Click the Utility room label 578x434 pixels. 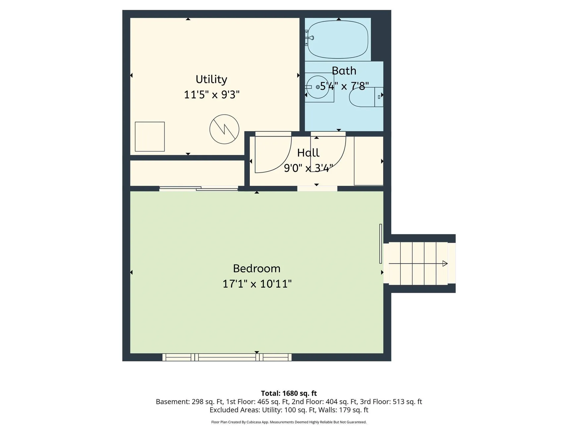pyautogui.click(x=211, y=79)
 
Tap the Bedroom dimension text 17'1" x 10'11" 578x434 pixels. pyautogui.click(x=257, y=284)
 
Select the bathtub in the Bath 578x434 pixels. pyautogui.click(x=338, y=39)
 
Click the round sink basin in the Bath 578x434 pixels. pyautogui.click(x=318, y=87)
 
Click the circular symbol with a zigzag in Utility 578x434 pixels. pyautogui.click(x=224, y=129)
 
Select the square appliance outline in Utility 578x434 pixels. pyautogui.click(x=150, y=137)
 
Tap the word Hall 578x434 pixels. pyautogui.click(x=308, y=153)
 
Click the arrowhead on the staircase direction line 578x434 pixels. pyautogui.click(x=445, y=263)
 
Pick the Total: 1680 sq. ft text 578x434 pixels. pyautogui.click(x=289, y=393)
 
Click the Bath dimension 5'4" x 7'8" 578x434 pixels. pyautogui.click(x=344, y=86)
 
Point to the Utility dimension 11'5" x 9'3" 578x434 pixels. pyautogui.click(x=212, y=95)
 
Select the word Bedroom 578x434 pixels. pyautogui.click(x=257, y=268)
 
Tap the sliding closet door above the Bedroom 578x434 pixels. pyautogui.click(x=199, y=189)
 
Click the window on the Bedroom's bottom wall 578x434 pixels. pyautogui.click(x=227, y=357)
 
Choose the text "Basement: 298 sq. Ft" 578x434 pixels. pyautogui.click(x=190, y=402)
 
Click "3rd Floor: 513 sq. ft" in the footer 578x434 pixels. pyautogui.click(x=391, y=402)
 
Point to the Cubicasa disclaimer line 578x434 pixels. pyautogui.click(x=289, y=422)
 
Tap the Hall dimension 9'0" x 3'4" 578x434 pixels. pyautogui.click(x=309, y=168)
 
